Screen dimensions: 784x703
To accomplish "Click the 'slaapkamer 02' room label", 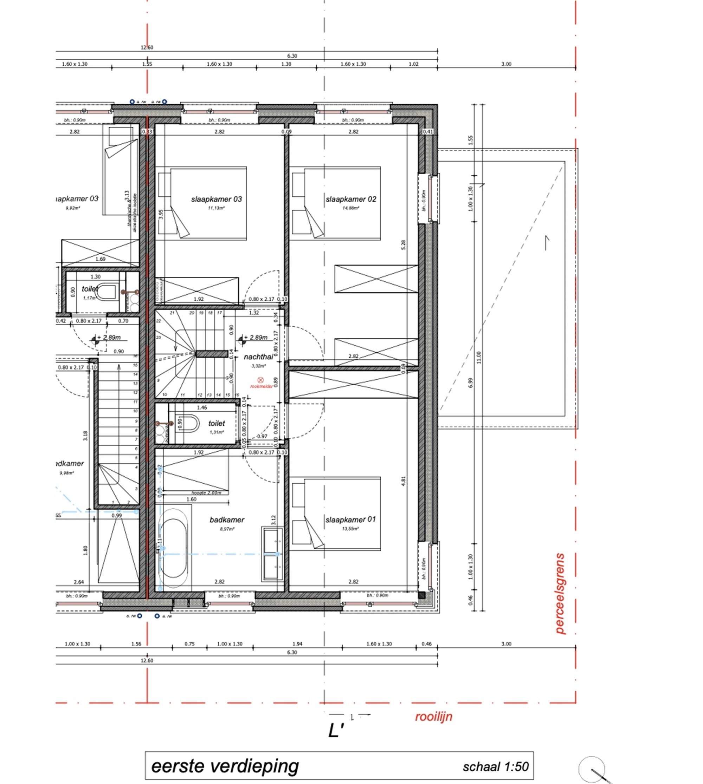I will (350, 199).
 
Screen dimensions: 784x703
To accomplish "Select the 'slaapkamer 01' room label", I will (350, 519).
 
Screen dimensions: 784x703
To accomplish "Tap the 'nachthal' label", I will (258, 357).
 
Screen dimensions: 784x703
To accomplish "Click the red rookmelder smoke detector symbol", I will (260, 380).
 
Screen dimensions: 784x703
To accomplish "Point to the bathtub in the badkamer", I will (173, 548).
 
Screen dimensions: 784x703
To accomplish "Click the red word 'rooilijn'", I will (433, 717).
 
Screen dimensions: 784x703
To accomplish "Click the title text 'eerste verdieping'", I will (225, 766).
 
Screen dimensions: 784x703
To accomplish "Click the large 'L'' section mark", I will (336, 731).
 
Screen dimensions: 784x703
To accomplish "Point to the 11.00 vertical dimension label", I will (479, 358).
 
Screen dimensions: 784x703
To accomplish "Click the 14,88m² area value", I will (350, 208).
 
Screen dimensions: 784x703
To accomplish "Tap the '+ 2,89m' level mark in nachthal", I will (255, 337).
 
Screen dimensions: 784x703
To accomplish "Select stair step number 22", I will (159, 321).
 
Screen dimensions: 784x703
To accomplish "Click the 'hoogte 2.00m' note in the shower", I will (206, 493).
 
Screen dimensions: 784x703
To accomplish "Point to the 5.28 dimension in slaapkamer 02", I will (403, 245).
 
